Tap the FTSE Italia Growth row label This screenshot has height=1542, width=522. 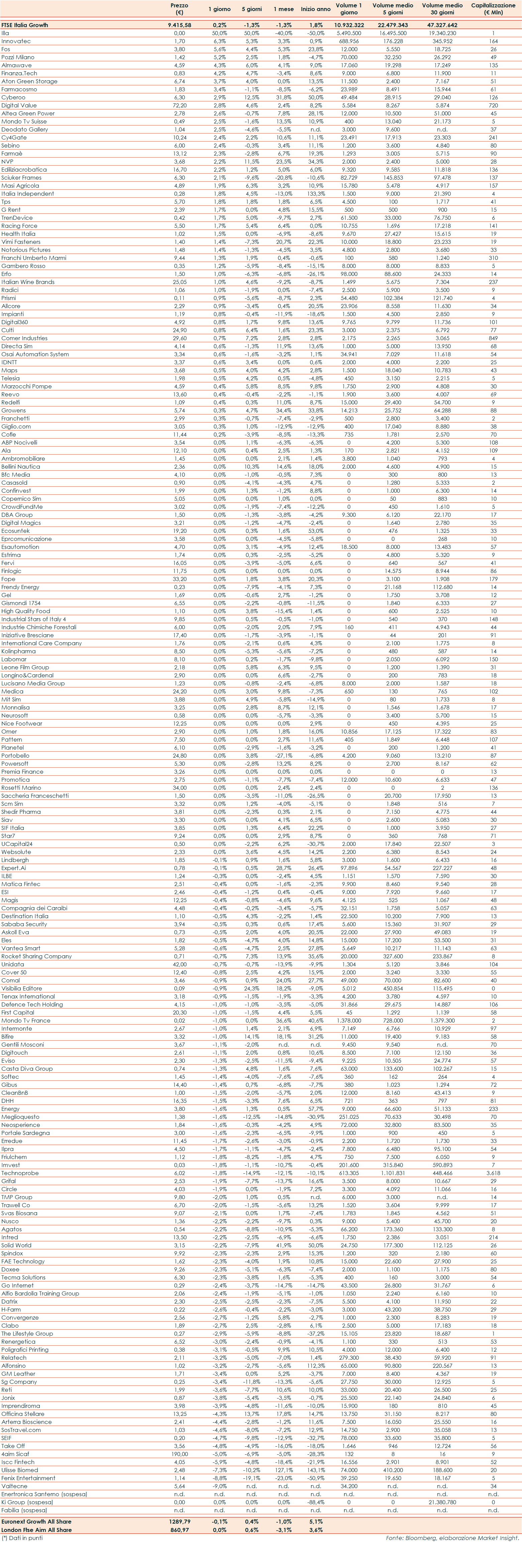(x=24, y=25)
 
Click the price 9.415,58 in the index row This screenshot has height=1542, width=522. (x=179, y=25)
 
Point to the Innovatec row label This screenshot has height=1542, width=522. (x=16, y=41)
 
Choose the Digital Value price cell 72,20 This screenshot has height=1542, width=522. (x=179, y=105)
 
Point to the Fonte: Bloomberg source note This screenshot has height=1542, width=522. (x=452, y=1538)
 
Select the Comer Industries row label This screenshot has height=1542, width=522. (x=24, y=338)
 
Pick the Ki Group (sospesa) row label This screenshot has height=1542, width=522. (x=27, y=1502)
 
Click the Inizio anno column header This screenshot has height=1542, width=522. (x=315, y=9)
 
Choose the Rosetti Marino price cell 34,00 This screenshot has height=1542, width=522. (x=179, y=788)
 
